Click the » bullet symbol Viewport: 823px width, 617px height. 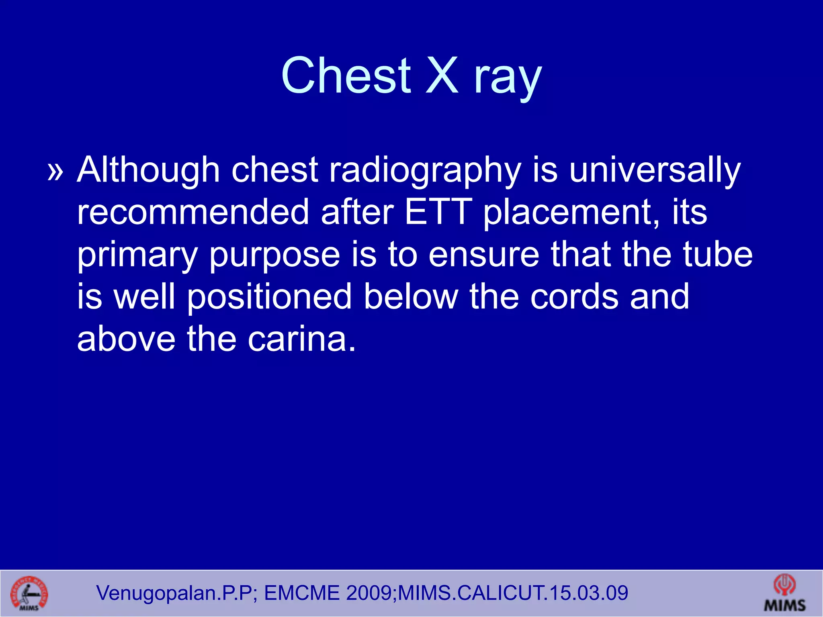tap(55, 171)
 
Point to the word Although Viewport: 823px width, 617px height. tap(148, 170)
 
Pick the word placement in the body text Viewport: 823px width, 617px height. tap(571, 213)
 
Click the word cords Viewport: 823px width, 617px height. tap(574, 297)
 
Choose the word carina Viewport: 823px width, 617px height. tap(301, 339)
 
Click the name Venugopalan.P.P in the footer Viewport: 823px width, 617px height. tap(174, 593)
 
